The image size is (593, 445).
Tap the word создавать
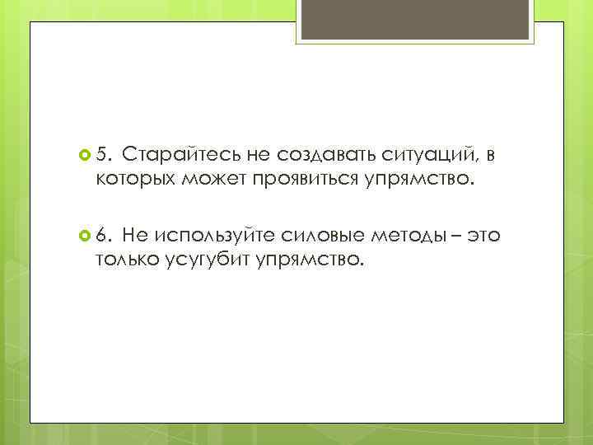[316, 154]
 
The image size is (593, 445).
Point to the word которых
[135, 179]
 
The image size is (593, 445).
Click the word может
[211, 179]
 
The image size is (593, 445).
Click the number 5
[102, 154]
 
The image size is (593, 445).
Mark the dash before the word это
[456, 236]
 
